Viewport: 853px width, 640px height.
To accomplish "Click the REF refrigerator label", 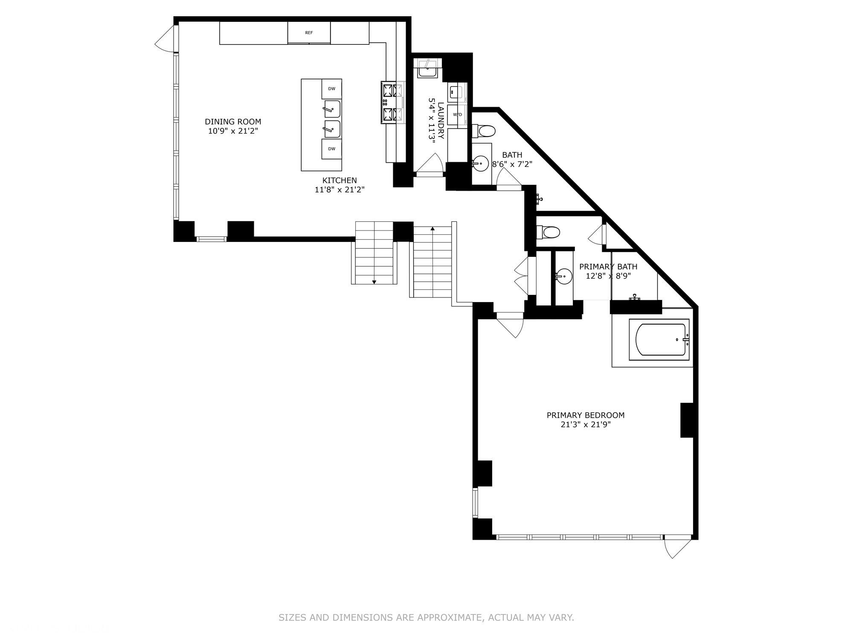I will coord(309,33).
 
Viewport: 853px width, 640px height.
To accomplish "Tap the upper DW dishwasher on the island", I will coord(331,89).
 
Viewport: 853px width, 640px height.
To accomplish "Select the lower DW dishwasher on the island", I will coord(331,149).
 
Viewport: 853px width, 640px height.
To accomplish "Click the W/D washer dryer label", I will coord(457,114).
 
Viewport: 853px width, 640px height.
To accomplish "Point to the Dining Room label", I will coord(233,122).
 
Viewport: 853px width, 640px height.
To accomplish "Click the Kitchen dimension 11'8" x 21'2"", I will coord(339,190).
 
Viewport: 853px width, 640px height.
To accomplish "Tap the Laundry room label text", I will coord(441,120).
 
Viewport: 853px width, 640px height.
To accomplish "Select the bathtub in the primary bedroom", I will coord(660,340).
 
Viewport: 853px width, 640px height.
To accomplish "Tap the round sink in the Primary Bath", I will coord(565,276).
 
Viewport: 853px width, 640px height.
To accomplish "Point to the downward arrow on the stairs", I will coord(374,282).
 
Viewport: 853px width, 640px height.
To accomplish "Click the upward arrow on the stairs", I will coord(432,229).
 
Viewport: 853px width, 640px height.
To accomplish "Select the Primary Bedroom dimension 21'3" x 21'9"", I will coord(586,425).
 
